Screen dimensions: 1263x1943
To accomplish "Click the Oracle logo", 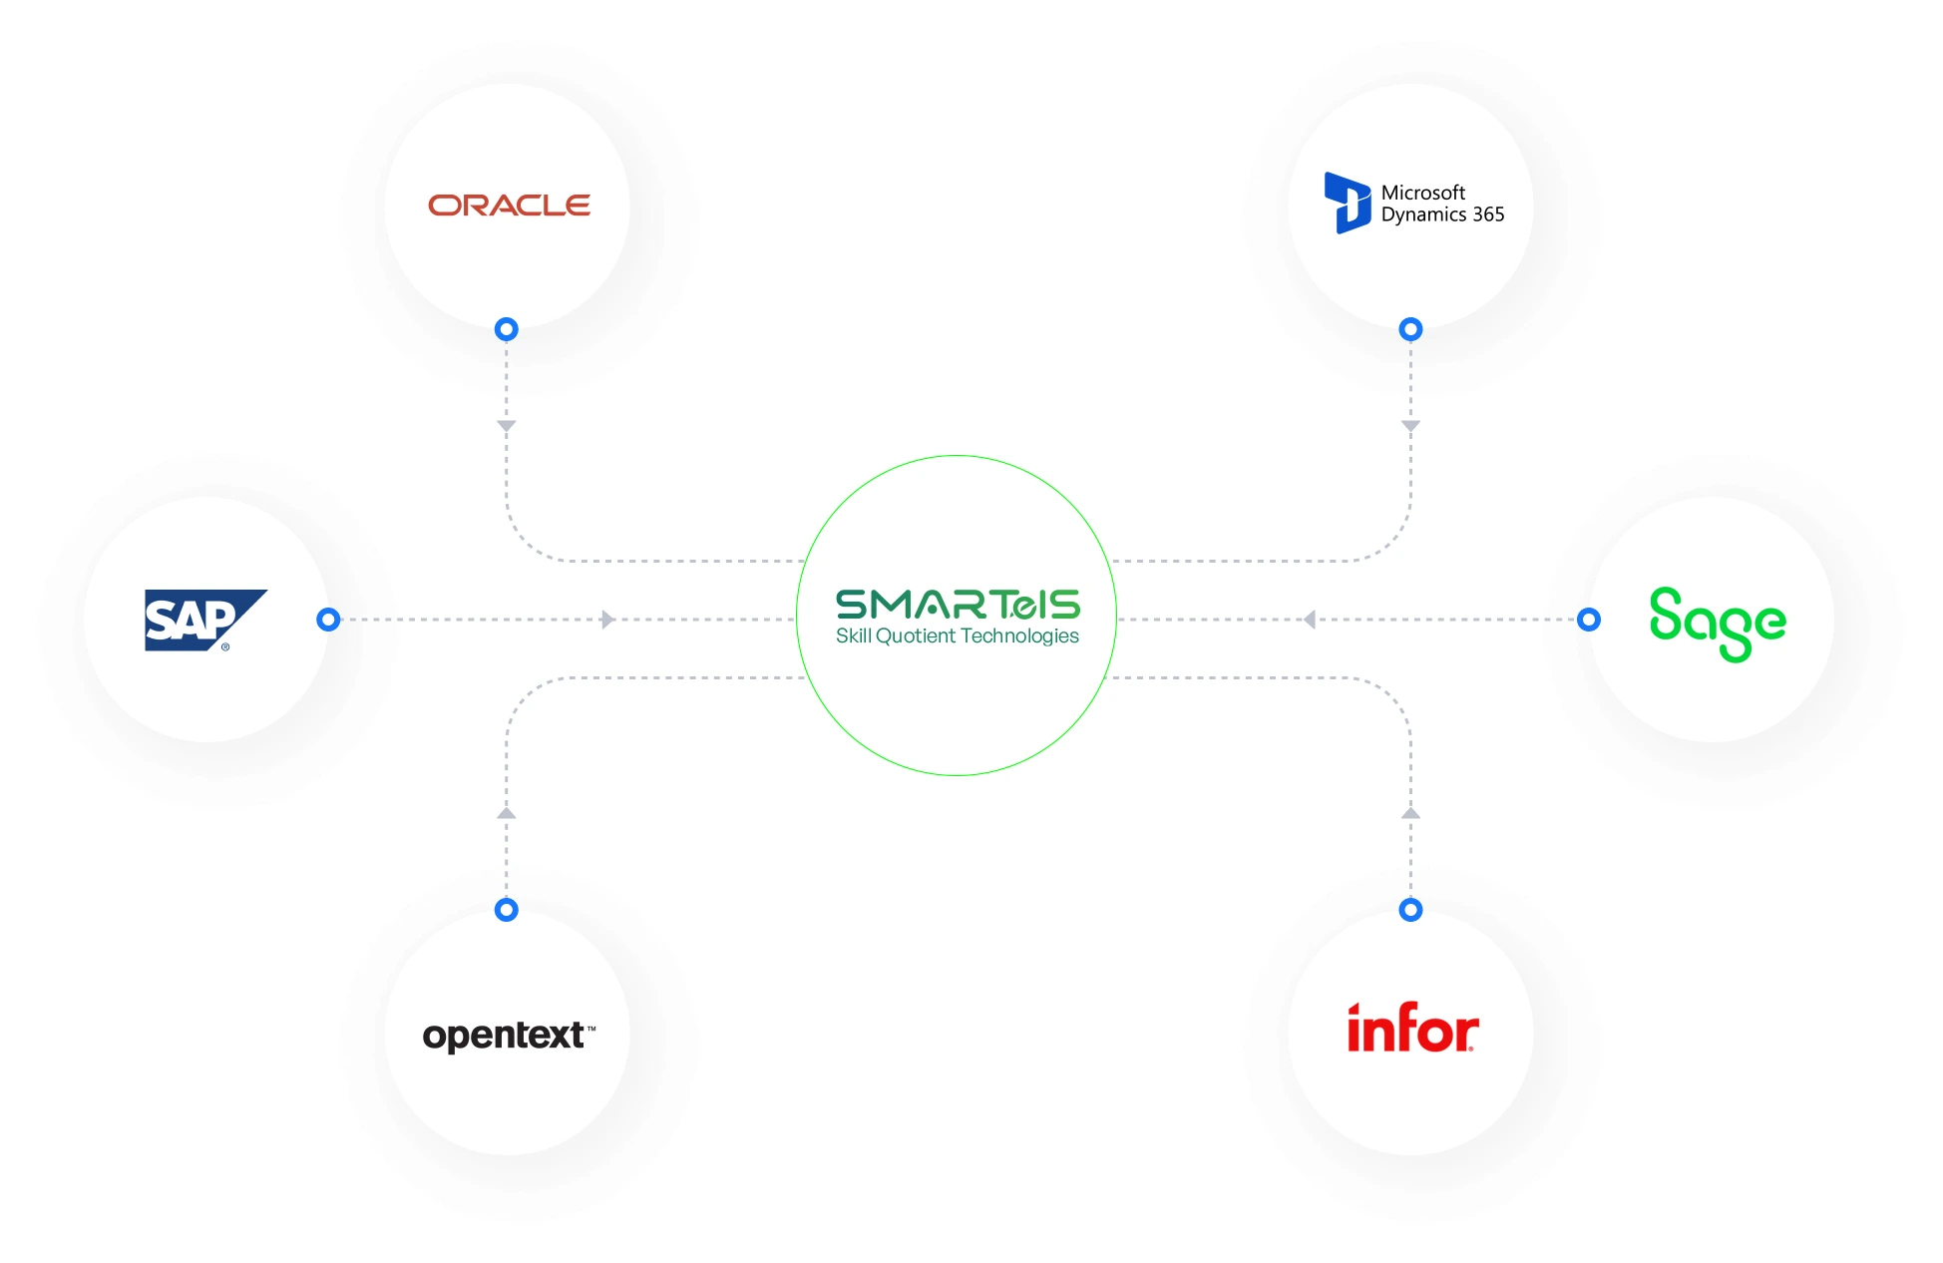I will (x=509, y=206).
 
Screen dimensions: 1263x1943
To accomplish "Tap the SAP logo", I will (x=203, y=620).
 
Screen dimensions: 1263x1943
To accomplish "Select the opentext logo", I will (x=508, y=1036).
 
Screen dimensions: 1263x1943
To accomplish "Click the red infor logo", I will (x=1412, y=1029).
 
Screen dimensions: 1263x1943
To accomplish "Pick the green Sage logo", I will (x=1717, y=623).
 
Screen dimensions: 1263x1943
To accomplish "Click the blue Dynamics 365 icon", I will (x=1347, y=203).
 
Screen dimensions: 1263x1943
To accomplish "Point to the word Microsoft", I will (x=1422, y=193).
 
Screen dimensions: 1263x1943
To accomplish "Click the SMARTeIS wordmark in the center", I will (x=958, y=605).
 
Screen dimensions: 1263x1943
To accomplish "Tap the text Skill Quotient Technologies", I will (x=957, y=636).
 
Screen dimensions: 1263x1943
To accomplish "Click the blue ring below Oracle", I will (x=507, y=329).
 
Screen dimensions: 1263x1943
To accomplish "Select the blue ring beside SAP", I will (x=328, y=620).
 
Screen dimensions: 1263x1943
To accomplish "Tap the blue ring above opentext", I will (x=507, y=910).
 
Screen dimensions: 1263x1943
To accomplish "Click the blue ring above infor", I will (x=1410, y=910).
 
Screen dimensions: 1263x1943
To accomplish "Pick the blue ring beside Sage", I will (x=1589, y=620).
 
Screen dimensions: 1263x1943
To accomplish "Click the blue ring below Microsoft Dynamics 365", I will (x=1410, y=329).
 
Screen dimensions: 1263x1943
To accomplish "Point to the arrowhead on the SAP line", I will (x=607, y=620).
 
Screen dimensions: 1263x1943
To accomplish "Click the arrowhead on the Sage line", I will (x=1310, y=620).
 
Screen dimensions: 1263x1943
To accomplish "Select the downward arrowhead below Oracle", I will (x=507, y=426).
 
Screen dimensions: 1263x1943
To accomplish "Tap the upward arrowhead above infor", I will (x=1410, y=813).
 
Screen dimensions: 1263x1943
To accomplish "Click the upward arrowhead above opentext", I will (x=507, y=813).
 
